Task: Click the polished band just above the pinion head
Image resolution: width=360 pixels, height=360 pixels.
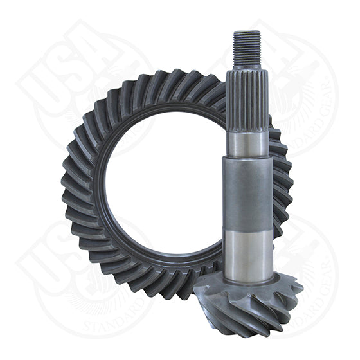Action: (x=249, y=251)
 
